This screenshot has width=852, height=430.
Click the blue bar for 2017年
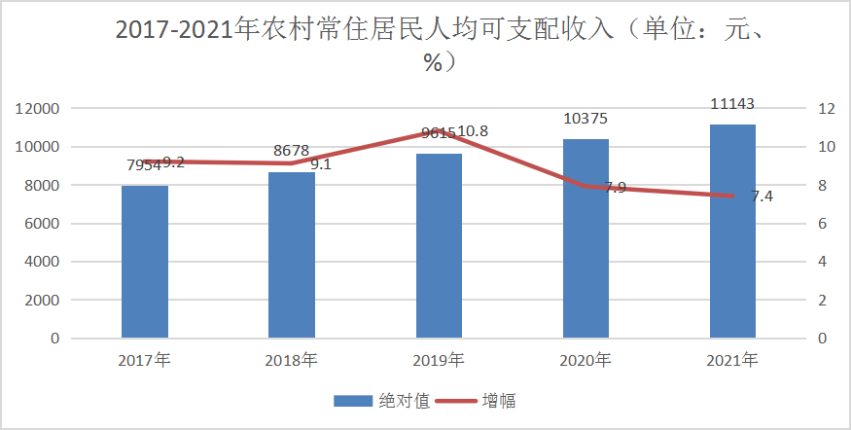[x=145, y=262]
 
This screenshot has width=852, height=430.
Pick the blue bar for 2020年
[x=586, y=238]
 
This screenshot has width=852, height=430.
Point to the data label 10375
[x=586, y=119]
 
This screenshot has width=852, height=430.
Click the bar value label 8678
[x=292, y=151]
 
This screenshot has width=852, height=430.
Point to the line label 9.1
[x=320, y=164]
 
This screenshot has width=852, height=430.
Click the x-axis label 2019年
[x=438, y=361]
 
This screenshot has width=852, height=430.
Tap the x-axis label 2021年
[x=732, y=361]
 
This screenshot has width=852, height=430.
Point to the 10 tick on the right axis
[x=826, y=147]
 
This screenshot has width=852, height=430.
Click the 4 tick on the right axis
[x=822, y=262]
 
